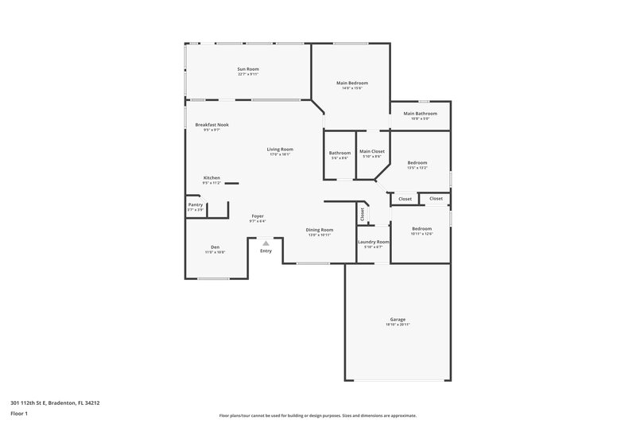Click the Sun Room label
coord(248,69)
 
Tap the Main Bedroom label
coord(351,83)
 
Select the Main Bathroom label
coord(420,114)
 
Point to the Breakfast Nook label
coord(211,125)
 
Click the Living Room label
coord(280,150)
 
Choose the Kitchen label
coord(211,177)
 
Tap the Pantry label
coord(196,204)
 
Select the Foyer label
coord(258,216)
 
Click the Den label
coord(215,247)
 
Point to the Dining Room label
coord(320,230)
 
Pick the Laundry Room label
coord(373,242)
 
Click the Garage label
coord(397,320)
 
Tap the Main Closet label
coord(372,152)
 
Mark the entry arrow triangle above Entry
coord(266,243)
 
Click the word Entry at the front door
coord(266,251)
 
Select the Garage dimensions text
coord(397,325)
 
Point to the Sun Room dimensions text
coord(248,74)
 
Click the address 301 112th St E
coord(55,403)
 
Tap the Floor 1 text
coord(20,414)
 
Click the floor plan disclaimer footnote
coord(317,415)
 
